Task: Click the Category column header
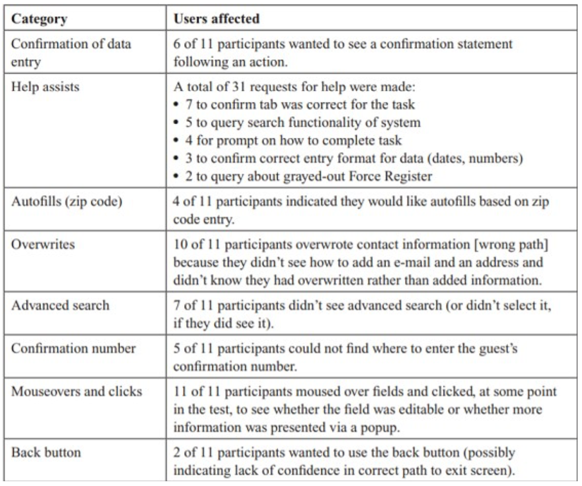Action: tap(40, 20)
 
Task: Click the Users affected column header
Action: tap(217, 20)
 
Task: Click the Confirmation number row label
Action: tap(73, 349)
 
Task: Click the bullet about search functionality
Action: tap(297, 123)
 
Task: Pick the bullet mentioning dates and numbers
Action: tap(345, 159)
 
